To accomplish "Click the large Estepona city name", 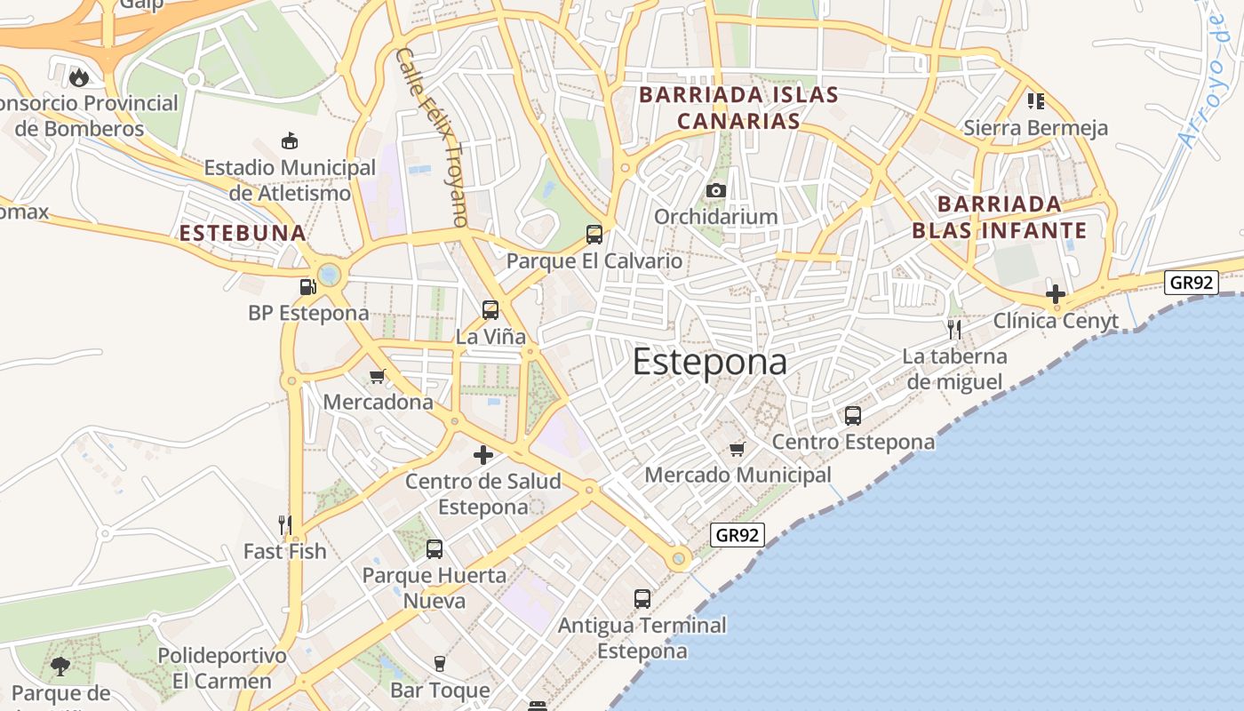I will (x=709, y=363).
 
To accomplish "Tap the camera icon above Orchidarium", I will (x=715, y=190).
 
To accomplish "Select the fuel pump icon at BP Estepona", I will (x=308, y=286).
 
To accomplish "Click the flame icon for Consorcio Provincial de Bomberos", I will (x=79, y=77).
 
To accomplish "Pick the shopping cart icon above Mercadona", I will (x=378, y=376).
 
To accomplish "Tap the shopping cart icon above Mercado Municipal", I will (x=737, y=449).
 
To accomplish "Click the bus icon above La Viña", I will (x=490, y=310).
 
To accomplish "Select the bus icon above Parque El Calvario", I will (x=594, y=235).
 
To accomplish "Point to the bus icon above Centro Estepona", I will (x=853, y=415).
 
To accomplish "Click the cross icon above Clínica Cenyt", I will (x=1056, y=294).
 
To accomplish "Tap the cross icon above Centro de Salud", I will (x=483, y=455).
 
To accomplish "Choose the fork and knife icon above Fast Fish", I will (x=285, y=525).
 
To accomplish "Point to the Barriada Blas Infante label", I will (x=999, y=218).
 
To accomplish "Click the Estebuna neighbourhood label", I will (x=243, y=234).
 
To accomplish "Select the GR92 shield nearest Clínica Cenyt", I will (x=1191, y=283).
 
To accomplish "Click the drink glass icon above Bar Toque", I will (x=439, y=664).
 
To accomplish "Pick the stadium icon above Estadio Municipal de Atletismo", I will (x=290, y=140).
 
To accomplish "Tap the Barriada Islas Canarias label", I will (x=738, y=108).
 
